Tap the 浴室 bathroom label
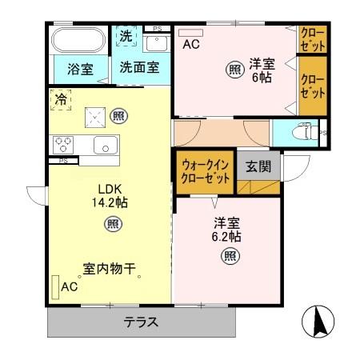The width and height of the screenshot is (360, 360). (80, 70)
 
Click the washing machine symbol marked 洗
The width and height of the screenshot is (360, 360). (126, 36)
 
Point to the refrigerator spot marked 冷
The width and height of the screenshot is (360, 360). (61, 100)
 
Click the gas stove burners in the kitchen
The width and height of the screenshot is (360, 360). (64, 145)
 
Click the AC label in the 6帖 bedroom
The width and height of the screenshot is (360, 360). (190, 46)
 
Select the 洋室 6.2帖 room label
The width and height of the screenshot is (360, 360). (227, 230)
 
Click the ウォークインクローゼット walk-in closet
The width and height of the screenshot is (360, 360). (206, 171)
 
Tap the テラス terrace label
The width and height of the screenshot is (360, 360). (141, 323)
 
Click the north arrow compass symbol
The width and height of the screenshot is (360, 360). (318, 323)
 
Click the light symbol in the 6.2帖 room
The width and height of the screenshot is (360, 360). (229, 257)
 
